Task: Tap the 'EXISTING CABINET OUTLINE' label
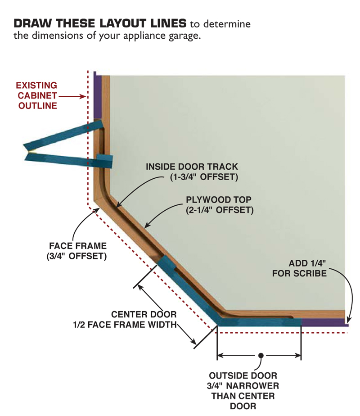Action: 37,95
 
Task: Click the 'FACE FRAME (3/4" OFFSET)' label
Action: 78,251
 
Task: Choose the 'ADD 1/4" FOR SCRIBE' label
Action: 299,268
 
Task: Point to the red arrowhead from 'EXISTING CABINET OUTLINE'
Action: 83,96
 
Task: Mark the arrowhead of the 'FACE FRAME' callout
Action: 95,210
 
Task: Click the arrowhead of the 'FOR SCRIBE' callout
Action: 348,321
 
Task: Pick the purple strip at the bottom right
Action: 324,322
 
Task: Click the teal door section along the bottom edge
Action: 259,322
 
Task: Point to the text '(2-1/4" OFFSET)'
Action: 220,209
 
